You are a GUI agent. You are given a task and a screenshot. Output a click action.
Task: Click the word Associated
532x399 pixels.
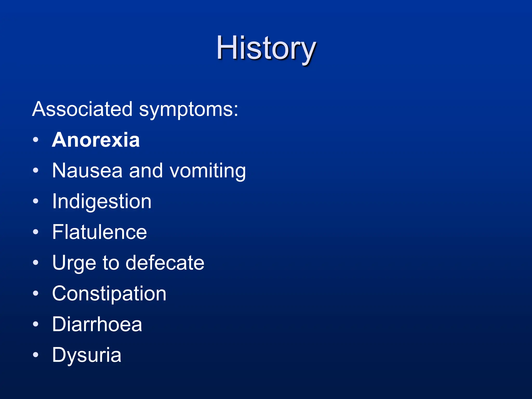click(x=82, y=109)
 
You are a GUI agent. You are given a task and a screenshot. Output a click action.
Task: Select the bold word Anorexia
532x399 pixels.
click(x=96, y=140)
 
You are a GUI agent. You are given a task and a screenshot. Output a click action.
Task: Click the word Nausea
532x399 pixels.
click(x=87, y=171)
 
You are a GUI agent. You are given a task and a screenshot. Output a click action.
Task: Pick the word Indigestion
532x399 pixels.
click(x=102, y=202)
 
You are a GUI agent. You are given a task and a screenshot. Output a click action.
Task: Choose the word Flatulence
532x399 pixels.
click(x=99, y=232)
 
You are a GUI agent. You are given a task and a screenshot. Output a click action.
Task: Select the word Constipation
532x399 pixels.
click(x=109, y=294)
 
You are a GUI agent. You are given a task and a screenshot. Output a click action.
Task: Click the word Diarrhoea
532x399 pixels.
click(x=97, y=324)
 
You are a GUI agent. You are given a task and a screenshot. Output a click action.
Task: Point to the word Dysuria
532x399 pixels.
click(x=87, y=355)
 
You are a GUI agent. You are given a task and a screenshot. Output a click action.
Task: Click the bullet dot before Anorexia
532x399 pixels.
click(x=36, y=140)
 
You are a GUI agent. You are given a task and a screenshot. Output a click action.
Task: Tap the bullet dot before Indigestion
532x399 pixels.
click(x=36, y=201)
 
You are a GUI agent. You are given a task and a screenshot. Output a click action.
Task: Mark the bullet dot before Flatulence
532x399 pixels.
click(x=36, y=232)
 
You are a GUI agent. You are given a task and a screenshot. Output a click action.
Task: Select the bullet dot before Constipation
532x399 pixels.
click(x=36, y=293)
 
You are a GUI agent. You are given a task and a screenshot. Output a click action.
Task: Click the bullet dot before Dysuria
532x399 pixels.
click(x=36, y=355)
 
